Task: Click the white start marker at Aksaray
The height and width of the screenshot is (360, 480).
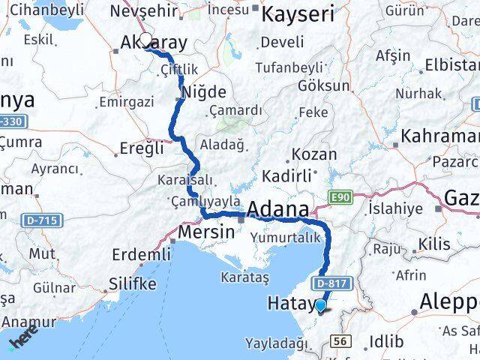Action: tap(145, 42)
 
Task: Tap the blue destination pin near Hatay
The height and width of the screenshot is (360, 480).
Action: tap(321, 304)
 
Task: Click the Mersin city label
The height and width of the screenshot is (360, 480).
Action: tap(206, 232)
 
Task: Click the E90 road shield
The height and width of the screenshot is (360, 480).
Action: tap(340, 196)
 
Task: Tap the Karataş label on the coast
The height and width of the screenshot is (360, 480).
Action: tap(244, 277)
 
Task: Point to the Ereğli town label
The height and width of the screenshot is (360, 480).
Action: tap(141, 148)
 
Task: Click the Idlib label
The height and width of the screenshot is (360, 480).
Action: tap(386, 342)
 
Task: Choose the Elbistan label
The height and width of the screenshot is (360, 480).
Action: tap(450, 64)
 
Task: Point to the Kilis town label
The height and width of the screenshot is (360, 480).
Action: tap(435, 244)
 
